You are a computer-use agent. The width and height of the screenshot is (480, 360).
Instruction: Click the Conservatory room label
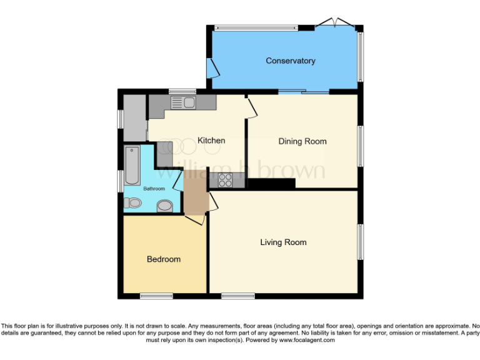(290, 61)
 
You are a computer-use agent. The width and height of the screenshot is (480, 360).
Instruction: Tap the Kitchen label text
(211, 141)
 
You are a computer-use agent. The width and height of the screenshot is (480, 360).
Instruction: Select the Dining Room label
(302, 141)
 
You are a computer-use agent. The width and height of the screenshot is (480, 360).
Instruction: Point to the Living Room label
(283, 242)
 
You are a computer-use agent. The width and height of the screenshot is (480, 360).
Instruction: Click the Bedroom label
(164, 259)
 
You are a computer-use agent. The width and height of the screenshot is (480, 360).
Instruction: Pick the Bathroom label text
(154, 189)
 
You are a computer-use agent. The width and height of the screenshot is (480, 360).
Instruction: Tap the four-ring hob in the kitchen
(225, 180)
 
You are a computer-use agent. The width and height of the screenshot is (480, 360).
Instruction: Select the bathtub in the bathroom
(132, 165)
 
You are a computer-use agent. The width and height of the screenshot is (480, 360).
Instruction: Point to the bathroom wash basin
(164, 205)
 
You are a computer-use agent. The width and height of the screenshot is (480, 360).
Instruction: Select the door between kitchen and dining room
(250, 106)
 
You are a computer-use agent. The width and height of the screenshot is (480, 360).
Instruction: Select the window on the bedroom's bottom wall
(156, 296)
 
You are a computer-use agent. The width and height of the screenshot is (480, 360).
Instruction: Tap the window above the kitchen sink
(182, 91)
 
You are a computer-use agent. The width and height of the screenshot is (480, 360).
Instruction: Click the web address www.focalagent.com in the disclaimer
(307, 341)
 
